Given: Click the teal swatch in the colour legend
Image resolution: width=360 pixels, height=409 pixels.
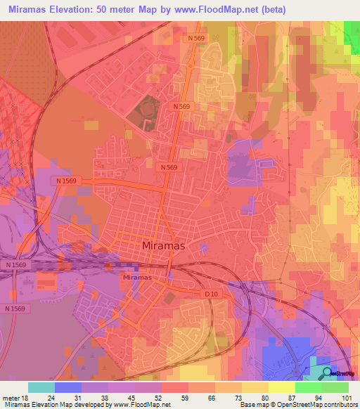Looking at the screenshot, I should point(41,387).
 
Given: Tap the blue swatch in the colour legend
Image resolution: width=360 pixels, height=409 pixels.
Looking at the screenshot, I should point(67,387).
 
